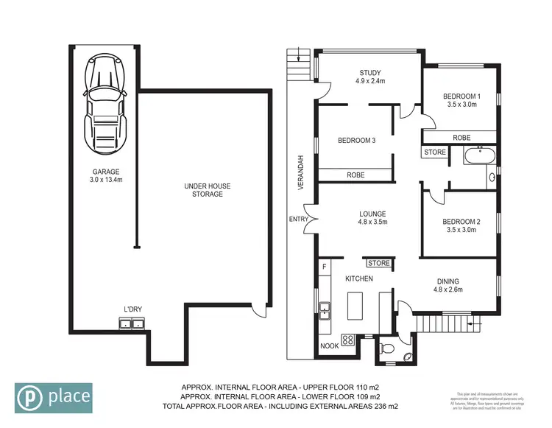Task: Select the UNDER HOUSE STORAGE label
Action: [203, 190]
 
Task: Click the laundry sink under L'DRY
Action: [132, 323]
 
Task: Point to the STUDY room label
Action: [369, 72]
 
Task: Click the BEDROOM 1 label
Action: [461, 96]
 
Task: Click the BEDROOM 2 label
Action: [461, 221]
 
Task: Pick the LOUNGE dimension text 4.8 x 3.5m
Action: [372, 221]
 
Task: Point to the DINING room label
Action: [448, 281]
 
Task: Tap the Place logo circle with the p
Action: [30, 398]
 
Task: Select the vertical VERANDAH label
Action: [300, 174]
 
